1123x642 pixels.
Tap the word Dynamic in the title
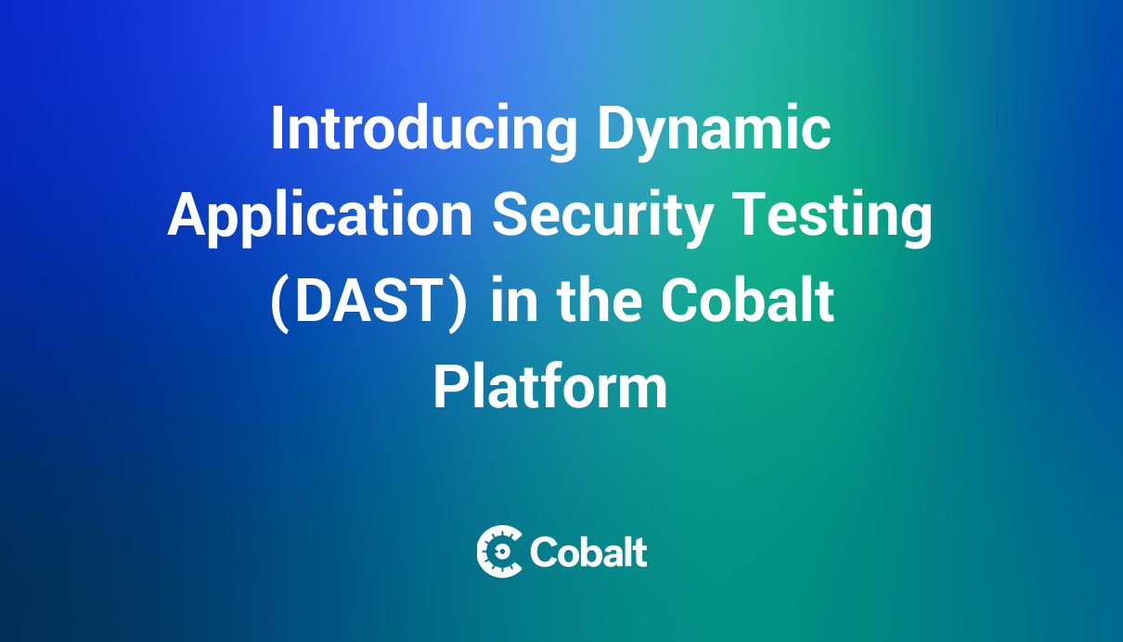point(713,130)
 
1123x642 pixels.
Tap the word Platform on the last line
point(550,387)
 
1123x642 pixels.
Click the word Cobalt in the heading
point(747,302)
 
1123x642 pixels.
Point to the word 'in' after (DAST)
point(509,302)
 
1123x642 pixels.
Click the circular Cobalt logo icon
point(499,552)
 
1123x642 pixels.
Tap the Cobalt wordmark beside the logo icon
point(588,552)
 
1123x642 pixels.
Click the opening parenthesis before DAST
point(279,303)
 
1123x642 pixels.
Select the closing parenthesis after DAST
point(458,303)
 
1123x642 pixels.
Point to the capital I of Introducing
point(277,130)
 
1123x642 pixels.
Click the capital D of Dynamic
point(612,130)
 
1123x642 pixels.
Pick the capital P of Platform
point(448,387)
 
